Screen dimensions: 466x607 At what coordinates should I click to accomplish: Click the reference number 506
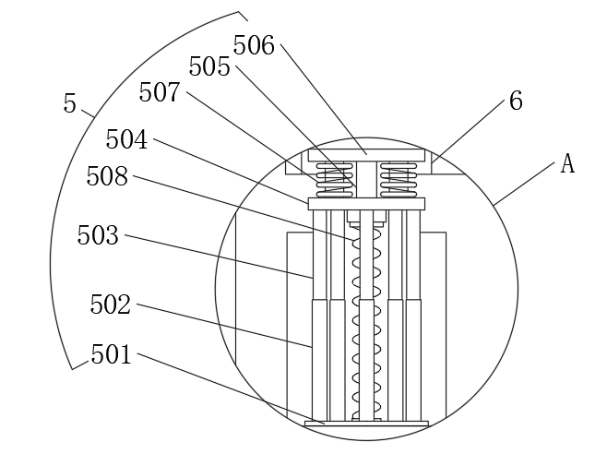tap(255, 44)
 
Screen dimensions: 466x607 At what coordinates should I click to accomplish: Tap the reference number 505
tap(209, 66)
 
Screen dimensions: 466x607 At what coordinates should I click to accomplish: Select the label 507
tap(160, 92)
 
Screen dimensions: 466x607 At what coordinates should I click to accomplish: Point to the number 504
tap(126, 139)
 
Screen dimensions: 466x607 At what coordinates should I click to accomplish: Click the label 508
tap(107, 176)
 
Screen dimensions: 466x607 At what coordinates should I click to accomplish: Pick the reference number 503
tap(98, 235)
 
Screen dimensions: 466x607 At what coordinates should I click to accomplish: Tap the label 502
tap(111, 305)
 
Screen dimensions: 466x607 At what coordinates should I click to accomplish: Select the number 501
tap(112, 354)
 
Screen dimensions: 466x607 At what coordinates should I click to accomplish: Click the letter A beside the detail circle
tap(567, 164)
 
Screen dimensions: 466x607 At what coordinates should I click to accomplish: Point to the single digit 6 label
tap(516, 102)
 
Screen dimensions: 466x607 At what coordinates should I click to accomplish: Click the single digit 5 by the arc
tap(70, 103)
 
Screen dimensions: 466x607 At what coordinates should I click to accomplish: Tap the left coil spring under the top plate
tap(328, 178)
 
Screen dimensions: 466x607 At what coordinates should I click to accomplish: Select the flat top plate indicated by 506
tap(366, 154)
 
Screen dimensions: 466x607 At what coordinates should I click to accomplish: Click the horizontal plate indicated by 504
tap(366, 203)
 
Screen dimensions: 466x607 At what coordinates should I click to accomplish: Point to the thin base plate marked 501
tap(366, 424)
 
